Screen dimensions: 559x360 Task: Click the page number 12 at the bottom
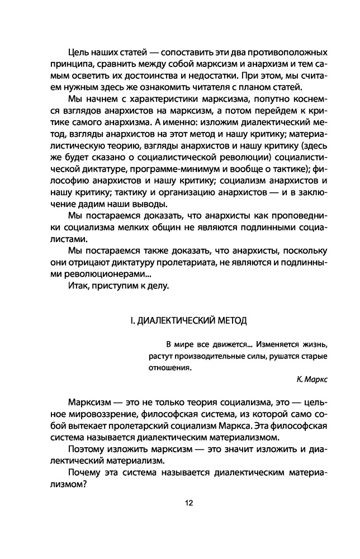tap(188, 502)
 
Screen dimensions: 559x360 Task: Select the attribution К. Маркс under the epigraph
tap(312, 378)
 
